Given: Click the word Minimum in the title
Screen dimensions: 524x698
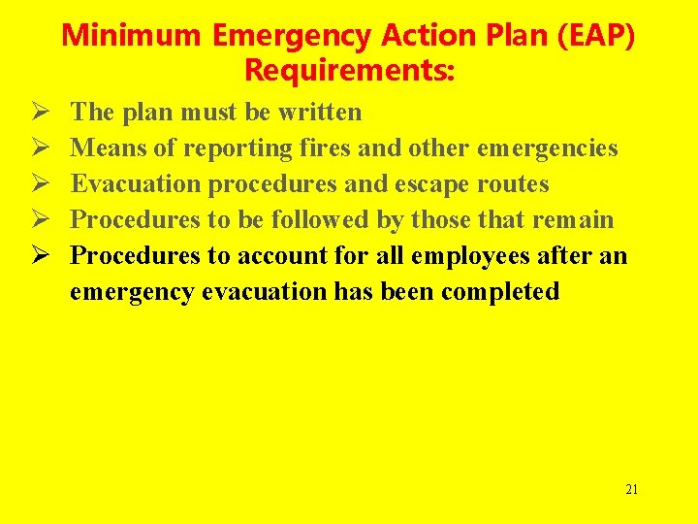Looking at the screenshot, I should [133, 37].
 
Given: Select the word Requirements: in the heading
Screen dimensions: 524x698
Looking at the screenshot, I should [349, 71].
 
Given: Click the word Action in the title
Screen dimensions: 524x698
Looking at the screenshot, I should [407, 37].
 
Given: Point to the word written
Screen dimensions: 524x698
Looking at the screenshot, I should [320, 113].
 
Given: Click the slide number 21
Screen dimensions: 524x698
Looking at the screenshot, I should [632, 489].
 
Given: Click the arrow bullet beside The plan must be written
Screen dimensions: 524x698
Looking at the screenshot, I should [43, 113].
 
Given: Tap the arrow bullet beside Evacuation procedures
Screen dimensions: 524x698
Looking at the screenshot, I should [43, 184].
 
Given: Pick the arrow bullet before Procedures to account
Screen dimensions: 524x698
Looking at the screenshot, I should [43, 256].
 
